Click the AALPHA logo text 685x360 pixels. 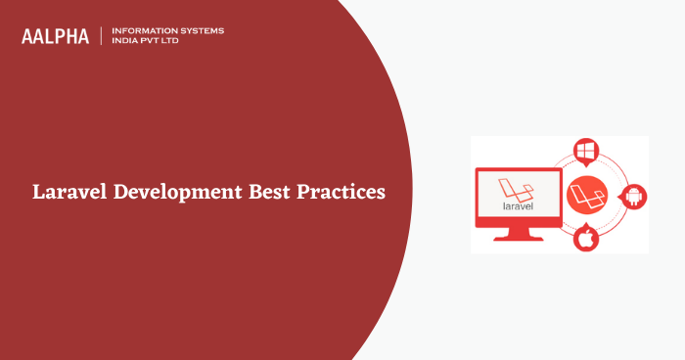click(x=55, y=36)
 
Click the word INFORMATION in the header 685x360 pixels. click(x=143, y=30)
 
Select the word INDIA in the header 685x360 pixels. click(x=128, y=42)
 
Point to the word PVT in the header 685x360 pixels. click(x=160, y=42)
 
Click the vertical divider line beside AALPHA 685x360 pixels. click(x=101, y=36)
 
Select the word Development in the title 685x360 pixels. click(x=172, y=192)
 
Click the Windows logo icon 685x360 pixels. click(x=586, y=151)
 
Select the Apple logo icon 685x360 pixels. click(x=586, y=238)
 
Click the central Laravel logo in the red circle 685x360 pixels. click(x=587, y=194)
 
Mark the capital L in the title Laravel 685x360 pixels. click(x=38, y=192)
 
